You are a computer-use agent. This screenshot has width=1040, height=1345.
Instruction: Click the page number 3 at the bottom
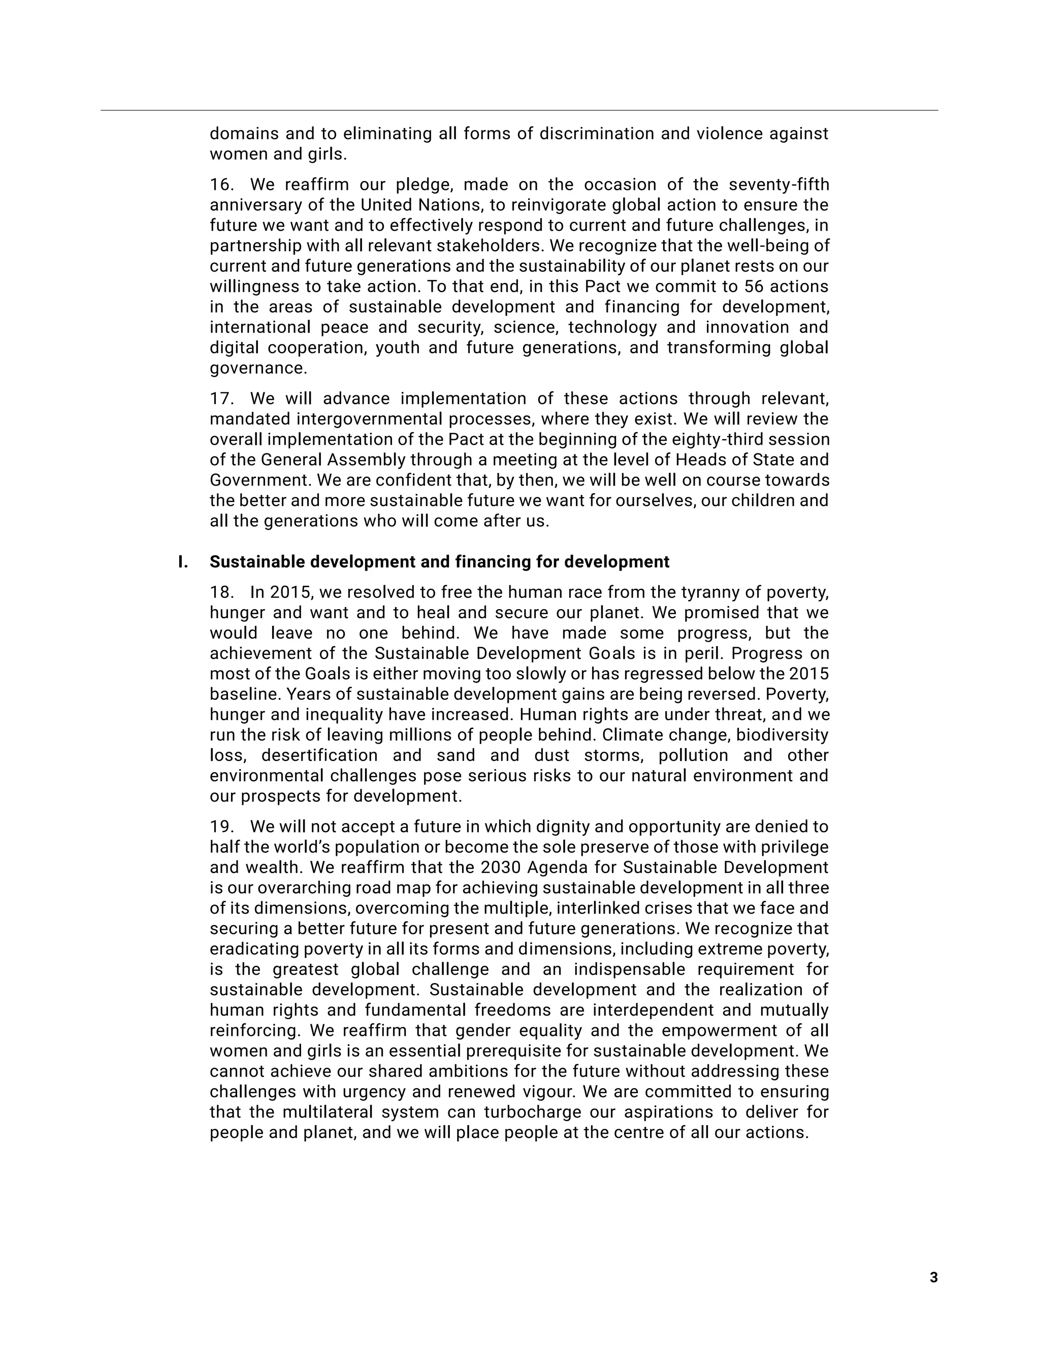coord(933,1277)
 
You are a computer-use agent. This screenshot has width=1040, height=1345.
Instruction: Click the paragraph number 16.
coord(221,185)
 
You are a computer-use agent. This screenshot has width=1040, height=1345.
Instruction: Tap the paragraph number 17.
coord(221,398)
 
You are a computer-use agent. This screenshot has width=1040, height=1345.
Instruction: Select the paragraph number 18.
coord(221,592)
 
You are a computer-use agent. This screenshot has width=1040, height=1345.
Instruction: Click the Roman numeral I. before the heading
coord(183,562)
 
